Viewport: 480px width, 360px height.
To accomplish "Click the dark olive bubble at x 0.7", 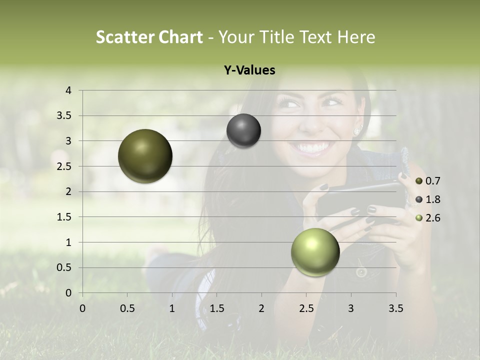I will [145, 156].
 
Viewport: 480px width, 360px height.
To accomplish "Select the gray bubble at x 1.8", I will [243, 131].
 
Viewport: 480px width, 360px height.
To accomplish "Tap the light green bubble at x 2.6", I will [315, 252].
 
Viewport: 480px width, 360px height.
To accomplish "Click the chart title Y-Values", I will [249, 70].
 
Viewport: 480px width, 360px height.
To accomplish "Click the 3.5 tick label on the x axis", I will [395, 308].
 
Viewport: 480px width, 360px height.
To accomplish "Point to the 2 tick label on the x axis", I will [261, 308].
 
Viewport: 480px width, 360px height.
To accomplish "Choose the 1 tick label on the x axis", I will [172, 308].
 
